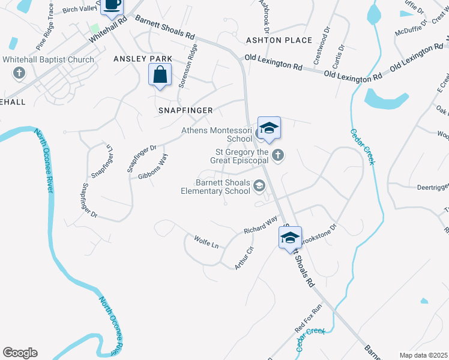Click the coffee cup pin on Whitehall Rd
point(112,5)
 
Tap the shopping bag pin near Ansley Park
point(160,76)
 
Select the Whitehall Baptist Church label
point(48,59)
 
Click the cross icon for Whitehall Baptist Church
point(19,73)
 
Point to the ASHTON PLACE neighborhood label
point(279,40)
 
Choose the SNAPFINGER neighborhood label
point(185,110)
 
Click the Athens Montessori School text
point(217,134)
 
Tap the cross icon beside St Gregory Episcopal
point(277,155)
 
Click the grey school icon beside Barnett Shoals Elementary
point(259,187)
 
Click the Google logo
point(20,353)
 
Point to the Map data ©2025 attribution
point(424,355)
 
